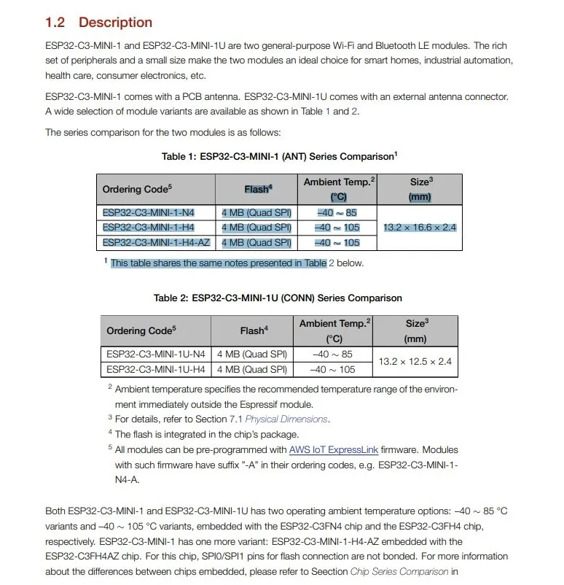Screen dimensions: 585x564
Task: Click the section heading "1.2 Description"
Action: [x=98, y=23]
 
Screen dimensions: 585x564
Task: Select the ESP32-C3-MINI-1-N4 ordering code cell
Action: [x=149, y=213]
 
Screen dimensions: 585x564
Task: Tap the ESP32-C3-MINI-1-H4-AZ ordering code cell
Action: [x=156, y=242]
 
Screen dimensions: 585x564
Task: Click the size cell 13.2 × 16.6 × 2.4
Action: [x=420, y=228]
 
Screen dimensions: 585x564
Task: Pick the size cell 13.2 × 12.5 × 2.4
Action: [x=415, y=361]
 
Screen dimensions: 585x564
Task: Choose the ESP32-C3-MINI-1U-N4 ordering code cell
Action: [x=154, y=355]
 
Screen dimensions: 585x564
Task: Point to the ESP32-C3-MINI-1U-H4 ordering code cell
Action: [x=154, y=369]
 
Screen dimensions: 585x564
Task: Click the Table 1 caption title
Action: [x=279, y=156]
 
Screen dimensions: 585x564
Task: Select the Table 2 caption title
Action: [x=278, y=298]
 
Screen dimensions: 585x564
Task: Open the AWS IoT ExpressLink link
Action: [x=337, y=450]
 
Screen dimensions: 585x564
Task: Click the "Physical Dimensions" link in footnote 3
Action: [x=286, y=419]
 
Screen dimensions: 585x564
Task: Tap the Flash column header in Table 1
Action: [x=258, y=189]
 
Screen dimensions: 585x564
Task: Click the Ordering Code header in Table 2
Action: [x=141, y=330]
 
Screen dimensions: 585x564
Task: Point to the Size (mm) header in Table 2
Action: [x=415, y=330]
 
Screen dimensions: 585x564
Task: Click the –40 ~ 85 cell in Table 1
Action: [x=337, y=213]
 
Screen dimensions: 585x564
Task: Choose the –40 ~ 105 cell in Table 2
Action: [x=333, y=369]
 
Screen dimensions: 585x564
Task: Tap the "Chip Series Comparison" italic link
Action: [x=399, y=572]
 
